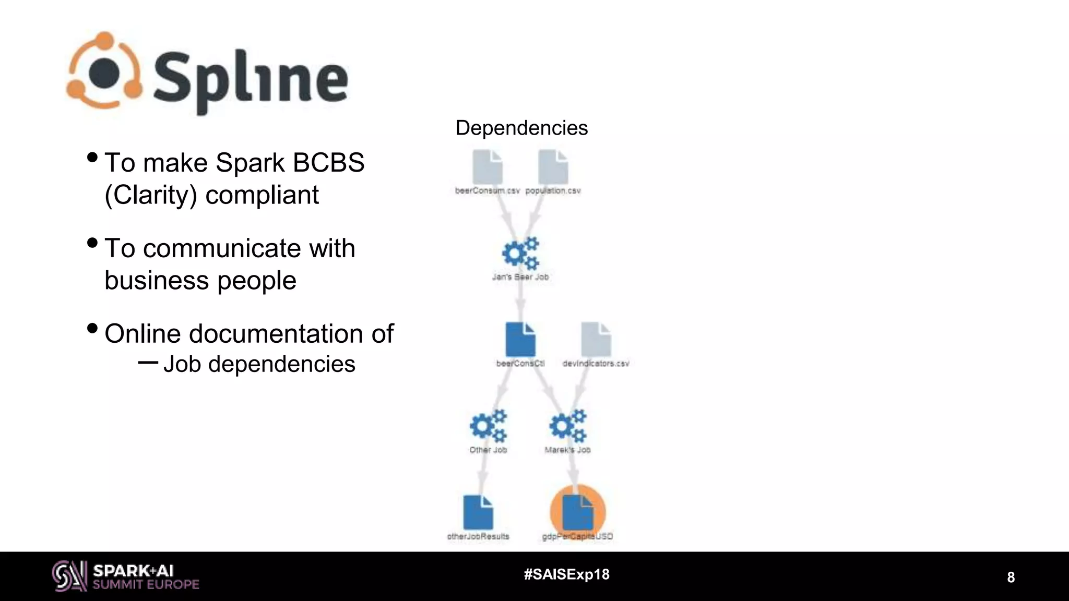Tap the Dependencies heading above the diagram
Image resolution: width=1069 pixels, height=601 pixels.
tap(521, 128)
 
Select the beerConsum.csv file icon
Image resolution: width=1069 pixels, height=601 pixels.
tap(488, 167)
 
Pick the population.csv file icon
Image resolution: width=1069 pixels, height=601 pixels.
tap(553, 167)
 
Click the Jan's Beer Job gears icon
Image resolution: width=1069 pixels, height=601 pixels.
tap(520, 254)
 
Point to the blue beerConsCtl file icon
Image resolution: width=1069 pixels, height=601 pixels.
tap(520, 340)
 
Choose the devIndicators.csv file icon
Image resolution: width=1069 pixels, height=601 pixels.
tap(596, 340)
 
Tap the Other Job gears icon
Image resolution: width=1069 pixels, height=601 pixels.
tap(488, 426)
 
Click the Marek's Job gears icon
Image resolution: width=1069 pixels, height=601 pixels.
tap(568, 426)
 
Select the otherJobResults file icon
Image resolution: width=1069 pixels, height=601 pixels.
tap(478, 512)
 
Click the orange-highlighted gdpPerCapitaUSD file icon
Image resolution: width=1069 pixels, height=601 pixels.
tap(578, 512)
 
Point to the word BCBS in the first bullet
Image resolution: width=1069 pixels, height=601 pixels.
tap(328, 163)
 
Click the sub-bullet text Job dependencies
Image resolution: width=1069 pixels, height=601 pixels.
tap(259, 364)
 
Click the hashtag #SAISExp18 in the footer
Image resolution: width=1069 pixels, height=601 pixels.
tap(567, 574)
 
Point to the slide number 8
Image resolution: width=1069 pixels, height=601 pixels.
tap(1011, 578)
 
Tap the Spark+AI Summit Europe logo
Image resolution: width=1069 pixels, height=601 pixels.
tap(126, 576)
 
